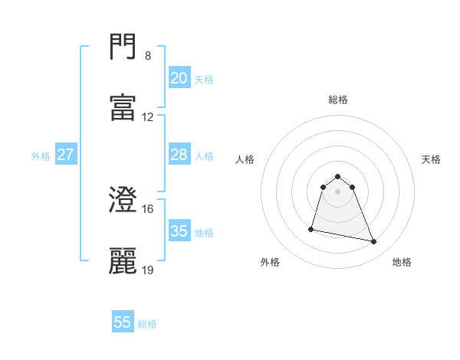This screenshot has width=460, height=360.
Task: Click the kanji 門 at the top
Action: [123, 47]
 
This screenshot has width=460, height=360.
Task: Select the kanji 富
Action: [123, 106]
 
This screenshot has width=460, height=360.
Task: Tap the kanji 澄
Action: [123, 200]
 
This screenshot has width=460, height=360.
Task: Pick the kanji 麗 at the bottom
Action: [123, 260]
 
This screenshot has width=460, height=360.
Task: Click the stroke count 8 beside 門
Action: [148, 56]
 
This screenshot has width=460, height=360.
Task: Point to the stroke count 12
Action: [148, 117]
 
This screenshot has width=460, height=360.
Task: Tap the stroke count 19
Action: [148, 270]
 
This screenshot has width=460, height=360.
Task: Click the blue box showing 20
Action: [179, 77]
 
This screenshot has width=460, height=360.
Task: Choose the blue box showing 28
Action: [179, 155]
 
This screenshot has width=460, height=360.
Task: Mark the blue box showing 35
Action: [179, 231]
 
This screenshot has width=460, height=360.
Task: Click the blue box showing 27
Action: [65, 155]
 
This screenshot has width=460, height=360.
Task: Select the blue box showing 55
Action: [123, 322]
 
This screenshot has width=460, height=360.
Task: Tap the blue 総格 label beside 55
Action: [147, 324]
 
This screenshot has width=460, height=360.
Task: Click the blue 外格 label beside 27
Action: [41, 156]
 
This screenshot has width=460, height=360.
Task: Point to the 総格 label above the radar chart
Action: [338, 100]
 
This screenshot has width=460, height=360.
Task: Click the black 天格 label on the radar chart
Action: [431, 159]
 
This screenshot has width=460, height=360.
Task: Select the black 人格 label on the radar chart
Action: [245, 159]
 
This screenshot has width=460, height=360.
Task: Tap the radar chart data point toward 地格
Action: [374, 242]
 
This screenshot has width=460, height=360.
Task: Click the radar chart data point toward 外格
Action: [311, 228]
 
